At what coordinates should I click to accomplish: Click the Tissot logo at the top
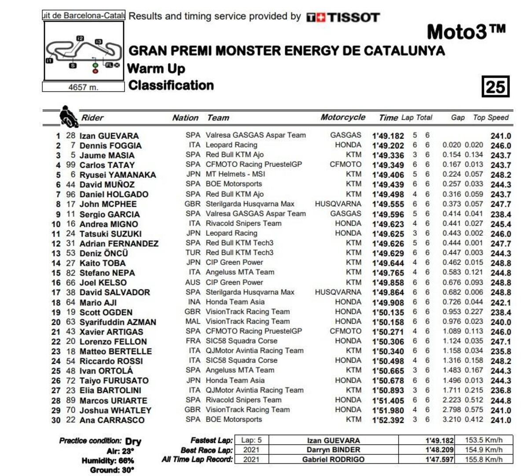tap(343, 17)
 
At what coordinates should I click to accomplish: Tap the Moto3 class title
tap(466, 32)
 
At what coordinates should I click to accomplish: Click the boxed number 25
tap(495, 86)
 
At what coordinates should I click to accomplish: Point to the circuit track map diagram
tap(84, 51)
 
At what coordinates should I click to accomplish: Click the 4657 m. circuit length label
tap(83, 87)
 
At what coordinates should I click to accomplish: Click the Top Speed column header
tap(491, 117)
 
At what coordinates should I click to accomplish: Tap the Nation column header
tap(185, 117)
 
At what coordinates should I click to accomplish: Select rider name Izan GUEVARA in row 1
tap(109, 136)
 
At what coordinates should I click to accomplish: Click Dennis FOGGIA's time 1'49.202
tap(388, 146)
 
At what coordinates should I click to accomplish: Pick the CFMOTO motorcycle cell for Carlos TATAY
tap(345, 165)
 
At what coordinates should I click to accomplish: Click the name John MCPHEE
tap(108, 204)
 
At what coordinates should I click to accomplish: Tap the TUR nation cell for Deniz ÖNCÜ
tap(193, 253)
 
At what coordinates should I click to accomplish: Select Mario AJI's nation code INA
tap(193, 302)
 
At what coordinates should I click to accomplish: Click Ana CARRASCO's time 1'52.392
tap(388, 420)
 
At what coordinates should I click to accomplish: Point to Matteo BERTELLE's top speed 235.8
tap(501, 352)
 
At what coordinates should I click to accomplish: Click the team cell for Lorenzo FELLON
tap(242, 341)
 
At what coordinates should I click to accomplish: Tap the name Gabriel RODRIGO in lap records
tap(333, 459)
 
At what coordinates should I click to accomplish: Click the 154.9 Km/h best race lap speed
tap(484, 450)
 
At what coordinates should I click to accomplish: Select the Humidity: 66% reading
tap(108, 461)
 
